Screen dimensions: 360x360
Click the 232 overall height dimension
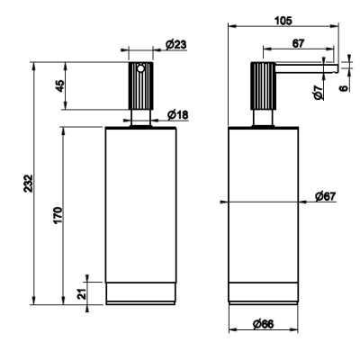(x=28, y=183)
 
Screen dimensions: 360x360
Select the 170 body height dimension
(x=58, y=215)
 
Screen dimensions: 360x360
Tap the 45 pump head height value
(x=60, y=85)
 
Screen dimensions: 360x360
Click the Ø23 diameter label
(x=175, y=44)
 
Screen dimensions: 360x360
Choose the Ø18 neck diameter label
(x=177, y=114)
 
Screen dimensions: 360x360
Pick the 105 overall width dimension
(x=283, y=21)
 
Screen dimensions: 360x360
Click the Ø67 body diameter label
(x=326, y=196)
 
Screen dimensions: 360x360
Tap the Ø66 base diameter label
(x=263, y=324)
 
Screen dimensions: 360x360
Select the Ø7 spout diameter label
(x=318, y=92)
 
